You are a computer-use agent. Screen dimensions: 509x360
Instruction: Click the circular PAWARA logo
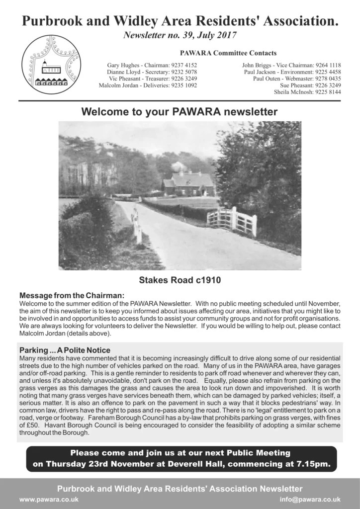51,65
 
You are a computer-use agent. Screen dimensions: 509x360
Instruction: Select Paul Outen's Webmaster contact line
297,79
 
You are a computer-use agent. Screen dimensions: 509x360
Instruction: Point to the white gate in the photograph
232,220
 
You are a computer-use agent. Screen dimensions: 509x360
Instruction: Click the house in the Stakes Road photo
189,184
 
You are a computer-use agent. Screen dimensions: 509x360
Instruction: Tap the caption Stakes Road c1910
180,280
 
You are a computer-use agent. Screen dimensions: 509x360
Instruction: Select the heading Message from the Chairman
72,296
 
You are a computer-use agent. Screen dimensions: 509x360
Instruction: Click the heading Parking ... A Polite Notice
65,350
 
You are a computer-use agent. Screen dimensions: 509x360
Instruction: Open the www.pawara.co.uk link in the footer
49,500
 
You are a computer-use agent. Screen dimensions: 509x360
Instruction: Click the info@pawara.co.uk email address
310,500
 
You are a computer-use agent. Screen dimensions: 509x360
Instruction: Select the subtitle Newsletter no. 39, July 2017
180,36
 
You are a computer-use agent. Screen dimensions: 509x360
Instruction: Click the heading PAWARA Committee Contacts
229,53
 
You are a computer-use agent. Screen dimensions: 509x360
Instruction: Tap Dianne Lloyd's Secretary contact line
152,72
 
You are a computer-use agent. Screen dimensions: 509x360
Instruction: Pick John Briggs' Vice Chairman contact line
291,65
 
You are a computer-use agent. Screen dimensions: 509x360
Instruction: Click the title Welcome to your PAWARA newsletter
180,112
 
